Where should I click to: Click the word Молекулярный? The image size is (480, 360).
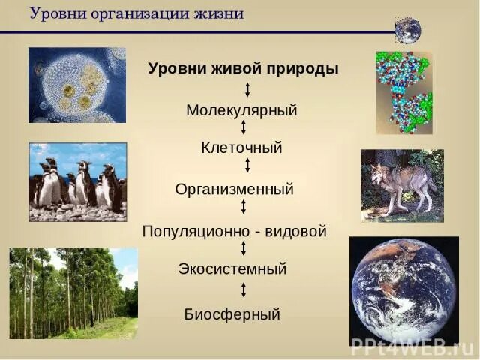click(241, 110)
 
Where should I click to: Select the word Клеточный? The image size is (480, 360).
click(241, 148)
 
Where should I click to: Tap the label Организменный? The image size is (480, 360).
click(234, 190)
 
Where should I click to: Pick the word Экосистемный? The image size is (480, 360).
click(232, 268)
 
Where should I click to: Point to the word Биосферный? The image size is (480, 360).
click(232, 314)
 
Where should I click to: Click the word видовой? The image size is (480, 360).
click(295, 231)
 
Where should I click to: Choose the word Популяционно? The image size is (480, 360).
click(196, 232)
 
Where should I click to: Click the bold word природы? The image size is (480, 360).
click(302, 68)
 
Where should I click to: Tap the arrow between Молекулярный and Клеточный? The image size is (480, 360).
click(244, 127)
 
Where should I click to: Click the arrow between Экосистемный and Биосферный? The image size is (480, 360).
click(244, 289)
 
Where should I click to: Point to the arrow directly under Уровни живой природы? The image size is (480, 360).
click(247, 90)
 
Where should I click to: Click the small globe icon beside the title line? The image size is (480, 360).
click(408, 31)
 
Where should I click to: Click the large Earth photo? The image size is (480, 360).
click(404, 291)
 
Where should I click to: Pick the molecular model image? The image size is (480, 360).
click(404, 93)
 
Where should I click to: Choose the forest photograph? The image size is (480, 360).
click(73, 293)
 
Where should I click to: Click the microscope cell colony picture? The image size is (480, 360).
click(77, 85)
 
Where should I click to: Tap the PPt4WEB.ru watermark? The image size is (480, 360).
click(414, 346)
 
